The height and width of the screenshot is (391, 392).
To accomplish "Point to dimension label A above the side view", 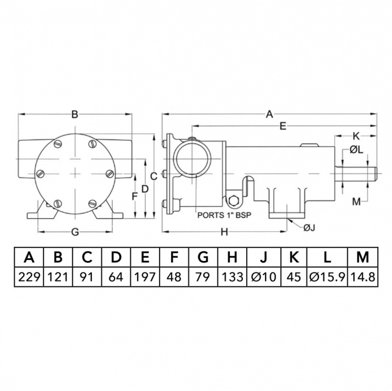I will pyautogui.click(x=268, y=114).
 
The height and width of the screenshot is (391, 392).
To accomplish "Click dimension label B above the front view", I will pyautogui.click(x=76, y=114).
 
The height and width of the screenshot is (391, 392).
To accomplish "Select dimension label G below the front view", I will pyautogui.click(x=76, y=232).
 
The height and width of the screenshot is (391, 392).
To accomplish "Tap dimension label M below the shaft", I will pyautogui.click(x=356, y=201).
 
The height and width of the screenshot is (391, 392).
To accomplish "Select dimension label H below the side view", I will pyautogui.click(x=224, y=232).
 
